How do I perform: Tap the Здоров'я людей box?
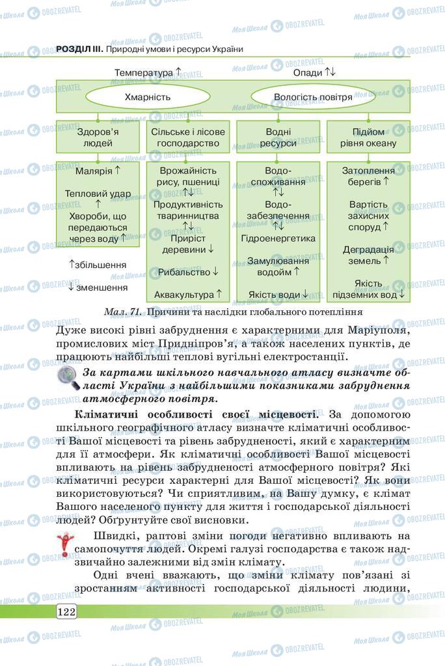pyautogui.click(x=98, y=137)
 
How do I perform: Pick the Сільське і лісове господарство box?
pyautogui.click(x=188, y=137)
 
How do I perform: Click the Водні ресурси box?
pyautogui.click(x=278, y=137)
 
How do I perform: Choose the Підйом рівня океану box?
pyautogui.click(x=368, y=137)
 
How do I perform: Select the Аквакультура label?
pyautogui.click(x=184, y=294)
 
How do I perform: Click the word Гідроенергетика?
pyautogui.click(x=278, y=238)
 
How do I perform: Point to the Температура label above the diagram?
pyautogui.click(x=144, y=72)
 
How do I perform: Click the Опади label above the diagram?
pyautogui.click(x=308, y=72)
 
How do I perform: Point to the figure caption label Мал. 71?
pyautogui.click(x=124, y=312)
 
